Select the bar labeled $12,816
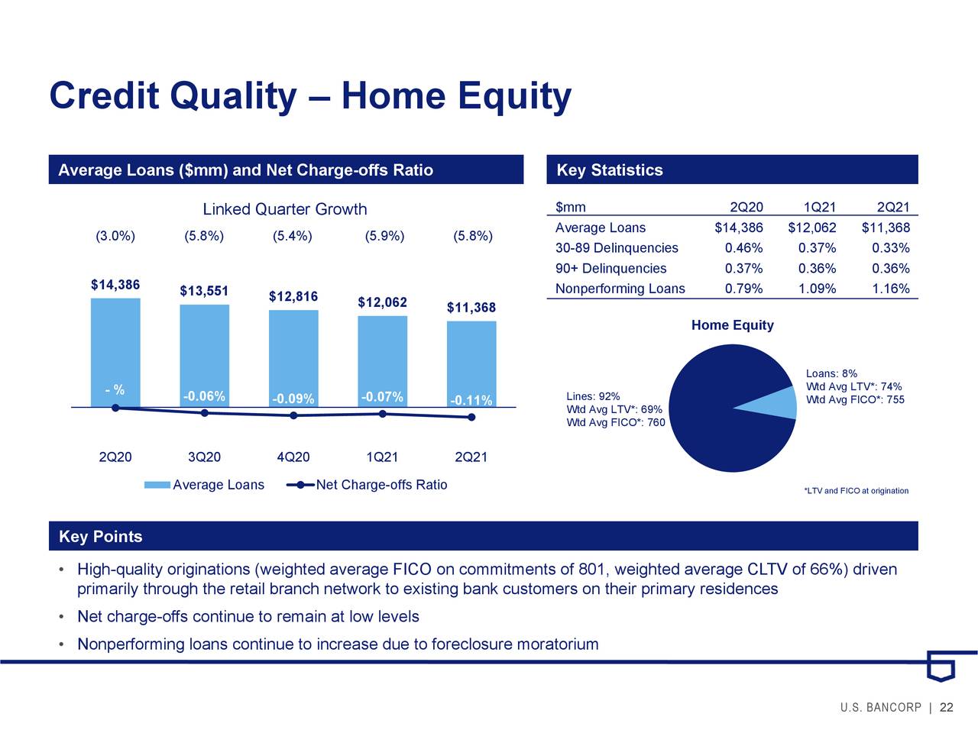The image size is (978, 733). (293, 355)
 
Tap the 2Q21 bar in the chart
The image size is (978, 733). (471, 359)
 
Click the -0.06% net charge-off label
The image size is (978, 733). (204, 396)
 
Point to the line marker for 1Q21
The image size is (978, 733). (382, 414)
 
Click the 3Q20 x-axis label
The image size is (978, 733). (204, 457)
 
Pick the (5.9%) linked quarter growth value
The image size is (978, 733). (384, 235)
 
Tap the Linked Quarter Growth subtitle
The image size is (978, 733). (284, 209)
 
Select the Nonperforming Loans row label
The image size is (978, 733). (620, 289)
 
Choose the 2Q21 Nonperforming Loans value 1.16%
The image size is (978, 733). (890, 289)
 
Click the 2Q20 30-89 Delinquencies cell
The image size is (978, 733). (743, 248)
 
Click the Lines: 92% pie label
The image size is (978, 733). (593, 396)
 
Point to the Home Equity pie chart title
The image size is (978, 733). (732, 325)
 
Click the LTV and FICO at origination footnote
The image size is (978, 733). (856, 491)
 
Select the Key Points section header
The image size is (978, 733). (101, 537)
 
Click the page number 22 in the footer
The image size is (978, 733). (947, 708)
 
